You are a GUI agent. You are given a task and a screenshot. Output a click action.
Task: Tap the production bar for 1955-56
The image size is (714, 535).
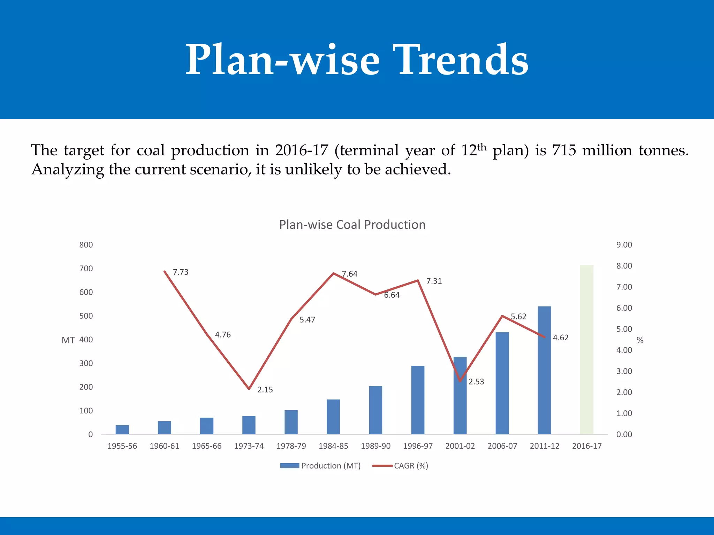pyautogui.click(x=122, y=429)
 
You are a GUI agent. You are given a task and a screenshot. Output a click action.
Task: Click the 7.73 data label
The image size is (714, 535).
pyautogui.click(x=181, y=272)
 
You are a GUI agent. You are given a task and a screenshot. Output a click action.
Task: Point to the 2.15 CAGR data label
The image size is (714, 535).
pyautogui.click(x=265, y=390)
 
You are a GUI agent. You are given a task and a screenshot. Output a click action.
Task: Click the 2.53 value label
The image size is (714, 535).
pyautogui.click(x=476, y=382)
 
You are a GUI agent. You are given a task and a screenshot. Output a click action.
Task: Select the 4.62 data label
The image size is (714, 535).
pyautogui.click(x=561, y=338)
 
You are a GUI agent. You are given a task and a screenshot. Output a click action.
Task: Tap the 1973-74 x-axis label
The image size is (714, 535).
pyautogui.click(x=249, y=446)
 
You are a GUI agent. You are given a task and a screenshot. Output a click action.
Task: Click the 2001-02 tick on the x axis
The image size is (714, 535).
pyautogui.click(x=460, y=446)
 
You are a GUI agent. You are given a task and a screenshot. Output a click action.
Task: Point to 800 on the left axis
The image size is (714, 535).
pyautogui.click(x=86, y=245)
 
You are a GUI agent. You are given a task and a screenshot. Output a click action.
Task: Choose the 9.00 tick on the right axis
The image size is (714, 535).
pyautogui.click(x=624, y=245)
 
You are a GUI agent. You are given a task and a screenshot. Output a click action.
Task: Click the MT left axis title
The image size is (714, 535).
pyautogui.click(x=68, y=340)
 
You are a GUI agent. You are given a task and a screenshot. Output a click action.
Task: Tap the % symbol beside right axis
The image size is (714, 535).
pyautogui.click(x=640, y=340)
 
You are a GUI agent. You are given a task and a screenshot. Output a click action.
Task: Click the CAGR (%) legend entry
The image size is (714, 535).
pyautogui.click(x=411, y=466)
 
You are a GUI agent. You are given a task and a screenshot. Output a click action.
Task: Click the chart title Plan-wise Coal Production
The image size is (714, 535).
pyautogui.click(x=352, y=225)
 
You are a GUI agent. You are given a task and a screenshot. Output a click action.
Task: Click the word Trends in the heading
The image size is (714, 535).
pyautogui.click(x=460, y=60)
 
